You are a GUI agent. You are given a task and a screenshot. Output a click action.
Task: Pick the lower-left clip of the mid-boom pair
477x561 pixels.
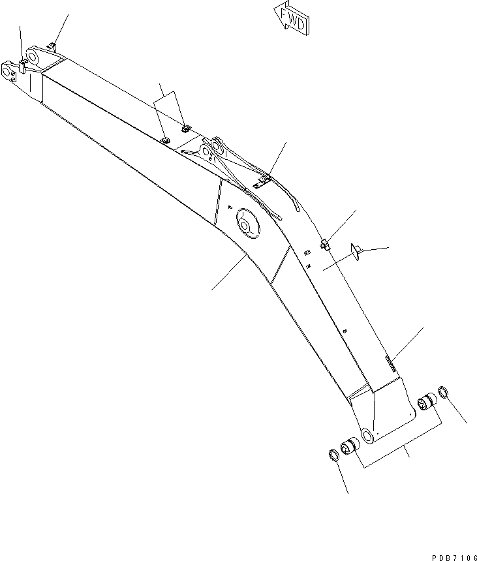point(165,138)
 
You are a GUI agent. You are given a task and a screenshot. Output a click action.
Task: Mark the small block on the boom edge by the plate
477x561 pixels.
point(325,244)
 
